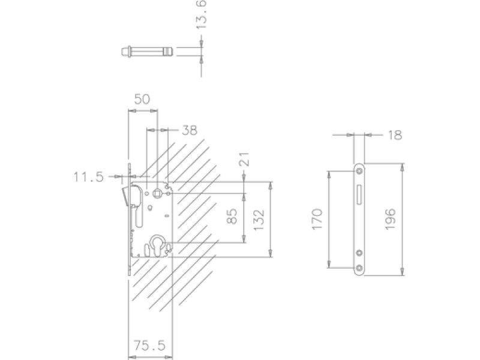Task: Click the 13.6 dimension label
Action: [201, 14]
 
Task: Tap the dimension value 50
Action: [142, 99]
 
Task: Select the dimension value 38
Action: [190, 130]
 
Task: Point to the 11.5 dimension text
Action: [89, 177]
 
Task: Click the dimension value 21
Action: [244, 159]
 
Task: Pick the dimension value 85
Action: [233, 216]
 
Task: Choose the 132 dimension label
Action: [259, 220]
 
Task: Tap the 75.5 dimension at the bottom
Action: [149, 346]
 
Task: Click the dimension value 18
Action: [395, 135]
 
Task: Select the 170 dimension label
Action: [317, 219]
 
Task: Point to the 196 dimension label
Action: [391, 219]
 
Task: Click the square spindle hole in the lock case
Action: [157, 193]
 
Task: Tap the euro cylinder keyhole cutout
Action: [158, 245]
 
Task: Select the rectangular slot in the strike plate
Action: [359, 194]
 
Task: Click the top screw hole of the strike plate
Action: [359, 171]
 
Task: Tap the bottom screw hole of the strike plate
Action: [359, 268]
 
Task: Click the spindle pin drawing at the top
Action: [147, 52]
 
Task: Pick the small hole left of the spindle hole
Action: [147, 193]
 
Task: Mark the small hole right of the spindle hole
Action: [168, 193]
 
